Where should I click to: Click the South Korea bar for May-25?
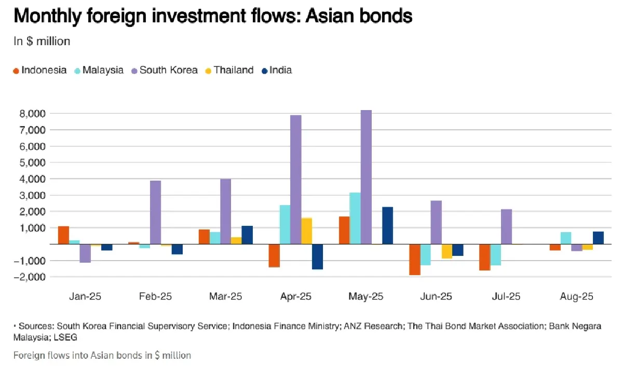(366, 177)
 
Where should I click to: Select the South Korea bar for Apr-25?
(295, 179)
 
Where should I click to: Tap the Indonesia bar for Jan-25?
(63, 235)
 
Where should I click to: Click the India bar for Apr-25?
(317, 256)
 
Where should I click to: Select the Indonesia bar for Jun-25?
(414, 259)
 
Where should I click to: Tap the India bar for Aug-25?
(598, 238)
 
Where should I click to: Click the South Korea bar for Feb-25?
(155, 212)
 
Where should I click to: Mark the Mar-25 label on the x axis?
(226, 297)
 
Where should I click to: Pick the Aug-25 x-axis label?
(577, 297)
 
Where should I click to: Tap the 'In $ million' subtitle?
(42, 41)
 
